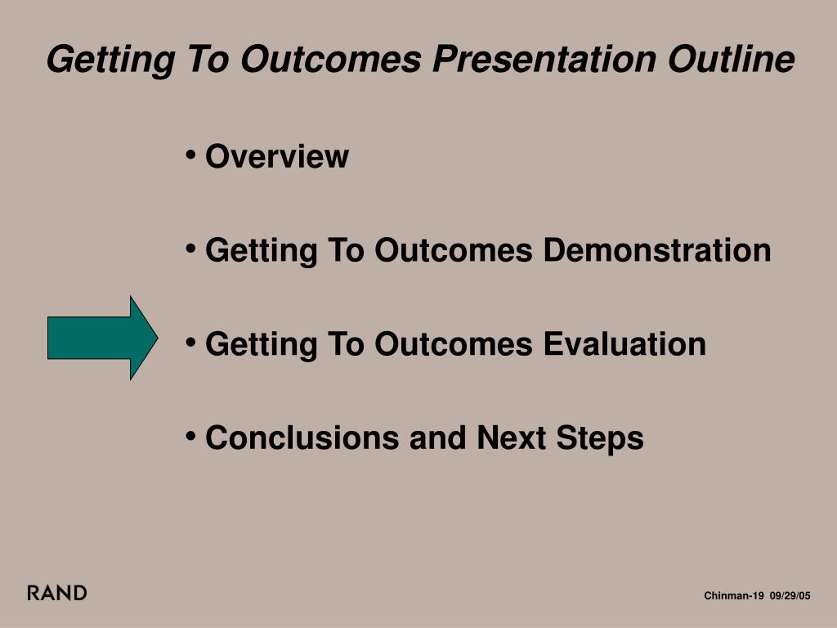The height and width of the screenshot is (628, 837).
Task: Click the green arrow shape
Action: tap(102, 338)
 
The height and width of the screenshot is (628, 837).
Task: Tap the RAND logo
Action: tap(57, 593)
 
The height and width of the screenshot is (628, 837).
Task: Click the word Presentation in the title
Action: tap(544, 59)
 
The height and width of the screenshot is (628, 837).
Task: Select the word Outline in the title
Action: tap(732, 58)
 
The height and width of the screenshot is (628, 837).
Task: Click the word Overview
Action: tap(277, 156)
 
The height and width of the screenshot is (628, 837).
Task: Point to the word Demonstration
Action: tap(657, 250)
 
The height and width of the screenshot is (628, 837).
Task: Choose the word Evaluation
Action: tap(624, 344)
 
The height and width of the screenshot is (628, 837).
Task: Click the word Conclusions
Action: tap(302, 438)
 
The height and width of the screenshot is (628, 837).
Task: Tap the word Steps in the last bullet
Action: tap(600, 439)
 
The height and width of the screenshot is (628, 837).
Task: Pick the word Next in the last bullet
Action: tap(512, 438)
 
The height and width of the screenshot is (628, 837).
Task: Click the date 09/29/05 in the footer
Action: tap(790, 595)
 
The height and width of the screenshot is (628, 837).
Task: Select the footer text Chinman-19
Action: tap(734, 595)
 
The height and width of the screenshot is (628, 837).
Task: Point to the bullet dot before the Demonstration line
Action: tap(190, 249)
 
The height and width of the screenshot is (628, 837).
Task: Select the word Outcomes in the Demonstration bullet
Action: tap(454, 250)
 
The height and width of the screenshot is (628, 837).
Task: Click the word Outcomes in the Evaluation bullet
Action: tap(454, 344)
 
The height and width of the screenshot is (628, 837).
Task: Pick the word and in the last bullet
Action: tap(438, 438)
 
